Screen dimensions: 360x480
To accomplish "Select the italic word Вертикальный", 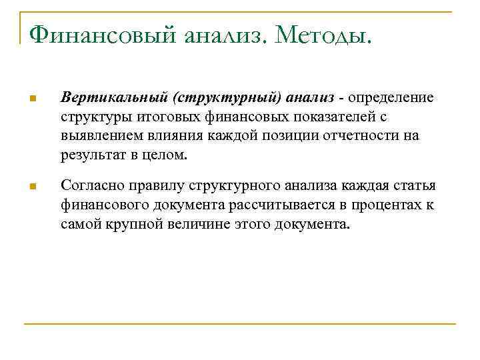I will tap(113, 99).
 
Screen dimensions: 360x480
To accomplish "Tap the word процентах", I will tap(386, 205).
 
